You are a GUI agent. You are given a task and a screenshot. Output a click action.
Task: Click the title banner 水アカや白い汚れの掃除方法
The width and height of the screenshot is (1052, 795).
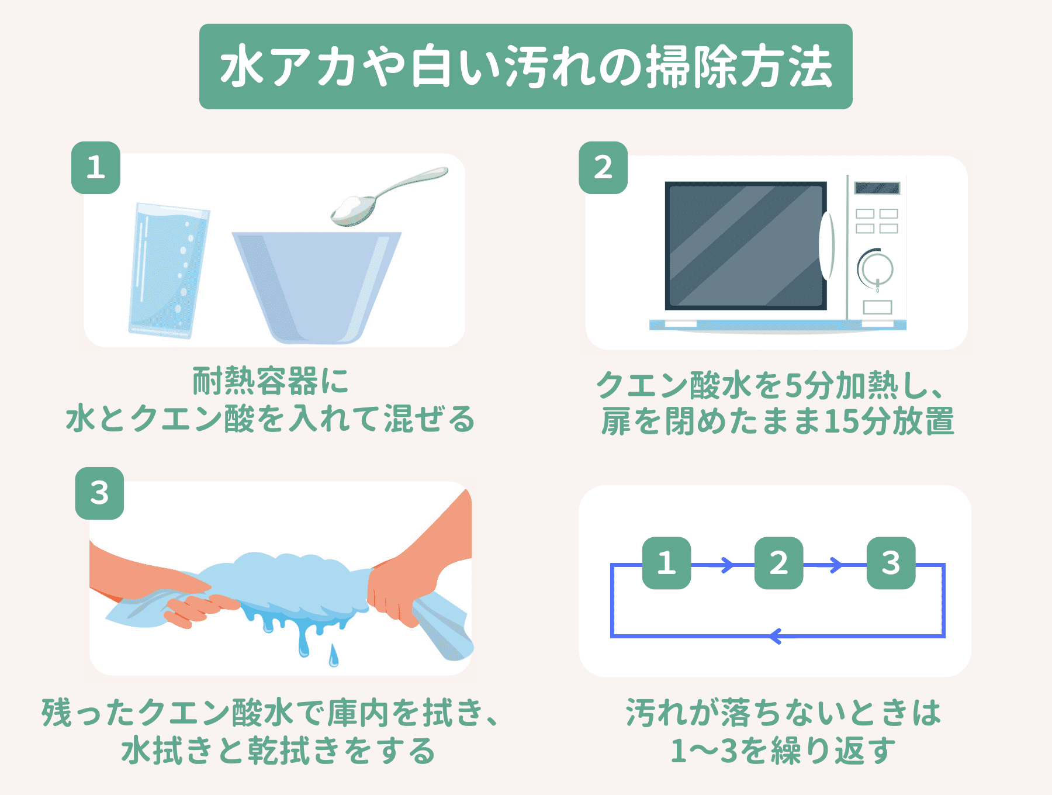tap(525, 66)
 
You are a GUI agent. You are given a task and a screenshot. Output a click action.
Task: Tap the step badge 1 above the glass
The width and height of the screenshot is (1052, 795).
tap(96, 168)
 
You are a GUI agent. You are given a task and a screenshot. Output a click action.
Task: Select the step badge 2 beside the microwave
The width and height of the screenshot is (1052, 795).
tap(603, 168)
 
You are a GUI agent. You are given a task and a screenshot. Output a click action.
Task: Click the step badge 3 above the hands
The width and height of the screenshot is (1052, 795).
tap(99, 493)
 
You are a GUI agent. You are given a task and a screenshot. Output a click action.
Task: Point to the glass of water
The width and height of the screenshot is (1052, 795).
tap(168, 271)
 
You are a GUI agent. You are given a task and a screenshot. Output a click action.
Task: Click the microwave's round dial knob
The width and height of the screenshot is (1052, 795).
tap(875, 269)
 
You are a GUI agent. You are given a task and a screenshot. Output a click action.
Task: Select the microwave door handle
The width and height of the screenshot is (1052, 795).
tap(826, 246)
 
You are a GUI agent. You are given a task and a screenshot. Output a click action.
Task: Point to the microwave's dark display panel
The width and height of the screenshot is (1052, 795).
tap(877, 188)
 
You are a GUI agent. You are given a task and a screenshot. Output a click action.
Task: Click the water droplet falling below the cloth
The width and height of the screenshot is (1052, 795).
tap(333, 656)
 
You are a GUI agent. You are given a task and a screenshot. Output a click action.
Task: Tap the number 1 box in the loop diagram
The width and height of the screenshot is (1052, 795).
tap(666, 563)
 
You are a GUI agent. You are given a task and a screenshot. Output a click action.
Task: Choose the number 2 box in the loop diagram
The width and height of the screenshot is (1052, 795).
tap(778, 563)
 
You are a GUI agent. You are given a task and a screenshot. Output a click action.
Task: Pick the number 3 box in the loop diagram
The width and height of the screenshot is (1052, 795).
tap(891, 563)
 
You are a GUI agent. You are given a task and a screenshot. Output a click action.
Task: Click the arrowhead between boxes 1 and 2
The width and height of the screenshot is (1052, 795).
tap(728, 565)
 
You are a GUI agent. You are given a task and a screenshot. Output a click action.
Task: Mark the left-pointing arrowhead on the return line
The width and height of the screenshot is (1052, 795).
tap(776, 635)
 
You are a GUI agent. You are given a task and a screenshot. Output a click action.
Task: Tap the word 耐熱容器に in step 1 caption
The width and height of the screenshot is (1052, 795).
tap(271, 381)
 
